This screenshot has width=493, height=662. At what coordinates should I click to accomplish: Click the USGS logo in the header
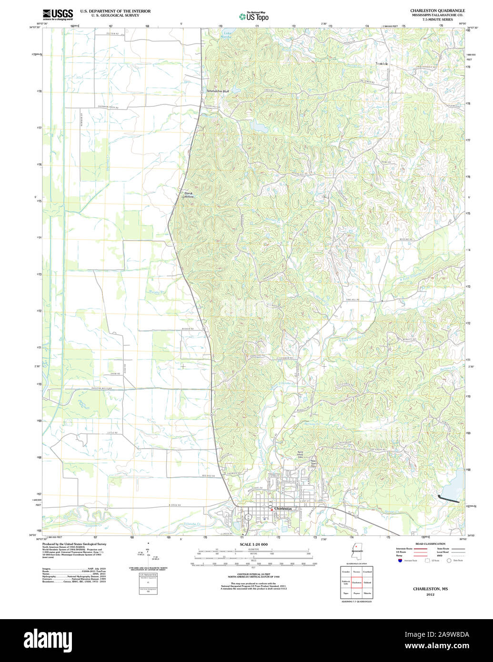point(58,14)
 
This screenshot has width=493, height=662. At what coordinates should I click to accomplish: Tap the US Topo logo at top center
point(253,17)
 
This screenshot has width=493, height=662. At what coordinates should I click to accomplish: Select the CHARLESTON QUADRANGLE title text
point(437,10)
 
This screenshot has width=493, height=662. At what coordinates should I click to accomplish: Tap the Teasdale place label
point(382,63)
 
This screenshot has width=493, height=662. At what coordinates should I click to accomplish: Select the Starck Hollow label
point(189,195)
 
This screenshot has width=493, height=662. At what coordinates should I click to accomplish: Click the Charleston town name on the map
point(283,509)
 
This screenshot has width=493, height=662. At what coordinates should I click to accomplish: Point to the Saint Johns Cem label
point(300,454)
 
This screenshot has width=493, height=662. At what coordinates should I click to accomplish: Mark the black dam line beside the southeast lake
point(448,499)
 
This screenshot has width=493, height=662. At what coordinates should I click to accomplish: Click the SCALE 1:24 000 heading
point(253,544)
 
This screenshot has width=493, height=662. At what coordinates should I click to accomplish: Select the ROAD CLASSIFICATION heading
point(430,544)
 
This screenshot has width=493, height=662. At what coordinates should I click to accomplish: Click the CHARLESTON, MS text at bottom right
point(430,589)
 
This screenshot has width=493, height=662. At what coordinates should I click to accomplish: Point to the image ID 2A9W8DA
point(451,634)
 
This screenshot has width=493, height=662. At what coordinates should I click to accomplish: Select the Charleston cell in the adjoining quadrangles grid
point(356,582)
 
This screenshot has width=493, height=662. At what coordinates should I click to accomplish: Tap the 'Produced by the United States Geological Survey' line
point(74,544)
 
